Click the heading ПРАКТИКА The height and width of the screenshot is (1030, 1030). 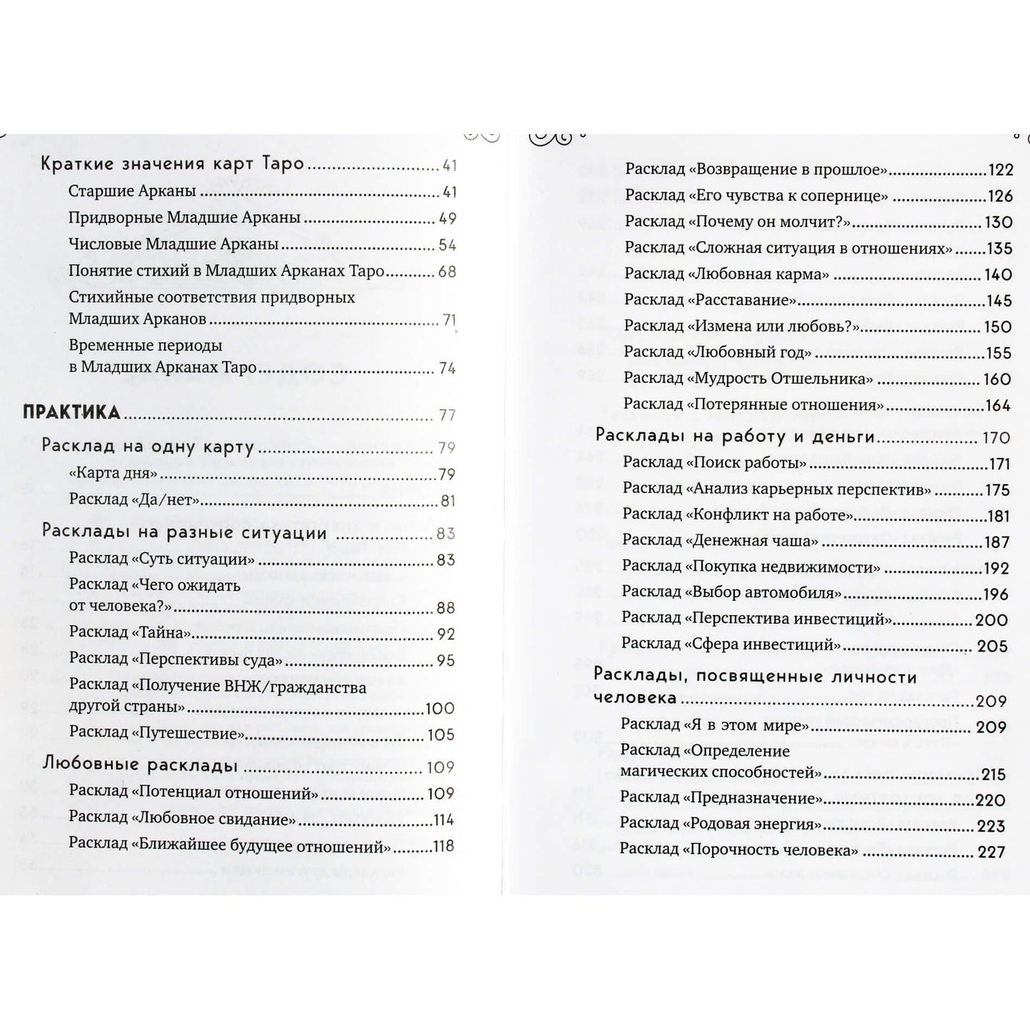pos(71,413)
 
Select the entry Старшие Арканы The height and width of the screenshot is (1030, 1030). pos(132,191)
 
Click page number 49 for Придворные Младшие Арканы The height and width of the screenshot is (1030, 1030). pos(447,219)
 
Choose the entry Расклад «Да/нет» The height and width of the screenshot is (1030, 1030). pos(134,500)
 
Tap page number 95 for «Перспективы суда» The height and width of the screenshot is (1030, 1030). pos(446,660)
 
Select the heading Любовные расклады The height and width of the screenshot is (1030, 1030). pos(140,766)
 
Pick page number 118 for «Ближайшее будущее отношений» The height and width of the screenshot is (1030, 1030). pos(443,846)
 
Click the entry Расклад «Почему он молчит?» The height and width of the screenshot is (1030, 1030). pos(738,222)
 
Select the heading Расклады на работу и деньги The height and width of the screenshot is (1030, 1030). pos(734,436)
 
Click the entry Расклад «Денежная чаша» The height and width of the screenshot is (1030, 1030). pos(720,540)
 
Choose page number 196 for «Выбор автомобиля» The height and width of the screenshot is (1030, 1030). pos(996,594)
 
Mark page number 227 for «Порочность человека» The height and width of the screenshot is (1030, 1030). pos(992,852)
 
